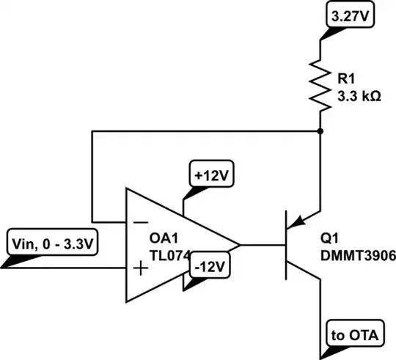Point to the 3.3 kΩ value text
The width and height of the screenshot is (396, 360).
click(x=359, y=95)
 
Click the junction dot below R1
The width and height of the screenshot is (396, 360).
click(x=320, y=131)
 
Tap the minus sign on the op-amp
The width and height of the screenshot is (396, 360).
click(x=139, y=218)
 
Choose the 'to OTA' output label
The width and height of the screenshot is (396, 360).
click(x=351, y=336)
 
